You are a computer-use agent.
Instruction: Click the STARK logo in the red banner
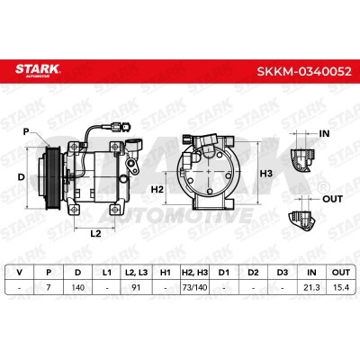pos(38,70)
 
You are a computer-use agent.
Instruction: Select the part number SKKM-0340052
pos(304,71)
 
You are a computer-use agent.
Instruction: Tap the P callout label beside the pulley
pos(26,131)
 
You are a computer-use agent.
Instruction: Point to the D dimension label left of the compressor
pos(21,177)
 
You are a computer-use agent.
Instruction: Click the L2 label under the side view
pos(95,233)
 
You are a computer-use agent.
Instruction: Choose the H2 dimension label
pos(157,189)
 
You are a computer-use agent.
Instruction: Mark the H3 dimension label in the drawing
pos(265,174)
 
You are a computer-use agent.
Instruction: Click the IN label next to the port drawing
pos(324,133)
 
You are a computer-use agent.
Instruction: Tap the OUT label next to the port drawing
pos(332,199)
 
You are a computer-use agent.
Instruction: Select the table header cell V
pos(20,273)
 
